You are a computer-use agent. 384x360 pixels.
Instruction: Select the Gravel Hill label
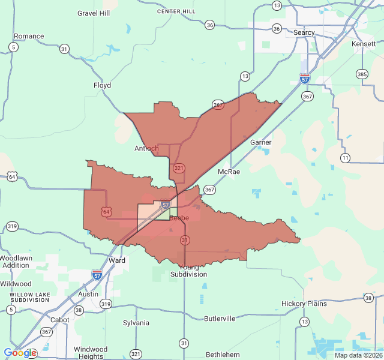click(94, 13)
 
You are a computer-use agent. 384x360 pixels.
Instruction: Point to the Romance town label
click(29, 36)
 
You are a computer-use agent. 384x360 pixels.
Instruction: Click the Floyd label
click(102, 85)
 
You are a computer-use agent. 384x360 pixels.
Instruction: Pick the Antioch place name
click(146, 148)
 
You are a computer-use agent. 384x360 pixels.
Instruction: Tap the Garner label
click(261, 142)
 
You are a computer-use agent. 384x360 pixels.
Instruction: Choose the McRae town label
click(229, 172)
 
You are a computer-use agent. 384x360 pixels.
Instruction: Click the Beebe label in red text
click(179, 218)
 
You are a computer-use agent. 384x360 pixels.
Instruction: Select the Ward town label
click(117, 260)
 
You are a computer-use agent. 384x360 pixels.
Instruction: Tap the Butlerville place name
click(220, 319)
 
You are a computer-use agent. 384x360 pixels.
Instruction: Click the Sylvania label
click(136, 323)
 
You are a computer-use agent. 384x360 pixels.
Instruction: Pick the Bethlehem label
click(223, 355)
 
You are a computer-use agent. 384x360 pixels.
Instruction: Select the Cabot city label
click(59, 320)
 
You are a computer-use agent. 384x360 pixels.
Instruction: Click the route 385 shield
click(362, 74)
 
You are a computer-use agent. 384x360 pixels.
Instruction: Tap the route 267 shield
click(218, 104)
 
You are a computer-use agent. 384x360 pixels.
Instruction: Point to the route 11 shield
click(345, 158)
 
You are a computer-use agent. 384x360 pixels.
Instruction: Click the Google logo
click(20, 353)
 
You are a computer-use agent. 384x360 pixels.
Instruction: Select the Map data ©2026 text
click(358, 355)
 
